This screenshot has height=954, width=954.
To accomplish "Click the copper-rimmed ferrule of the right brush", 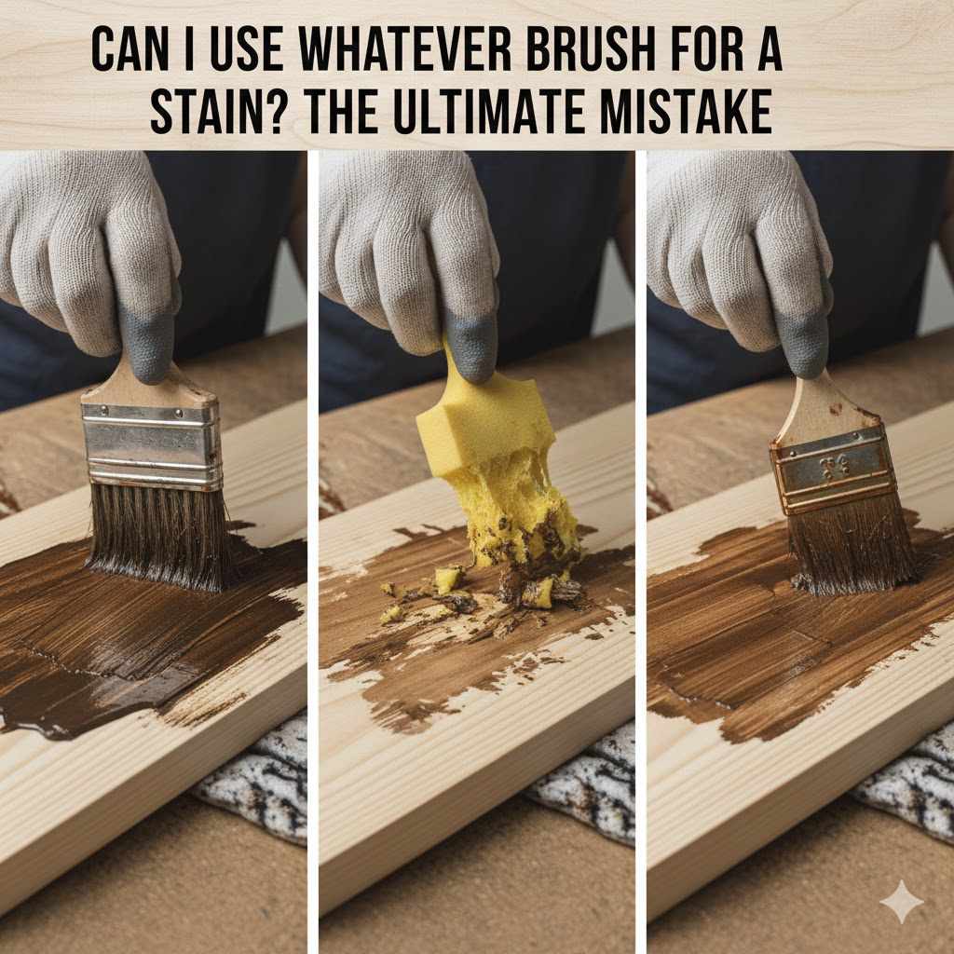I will [x=833, y=470].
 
